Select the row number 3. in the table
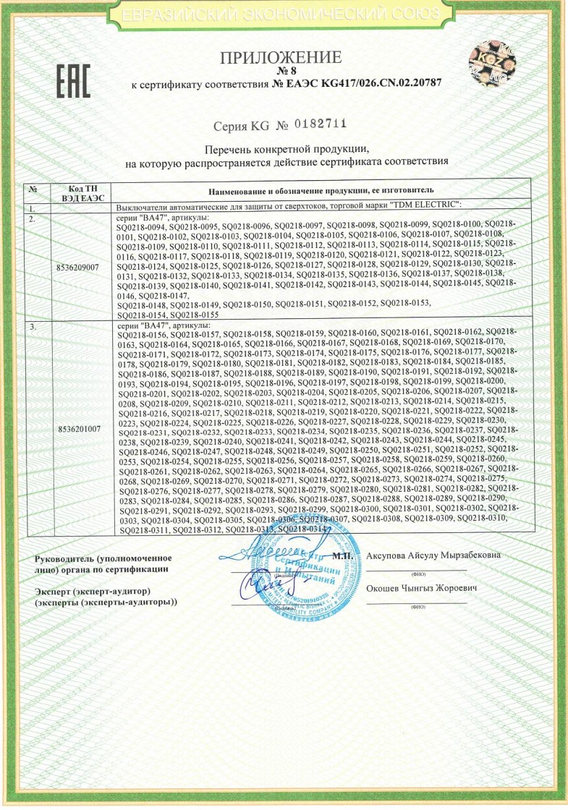32,327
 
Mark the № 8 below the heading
284,72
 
